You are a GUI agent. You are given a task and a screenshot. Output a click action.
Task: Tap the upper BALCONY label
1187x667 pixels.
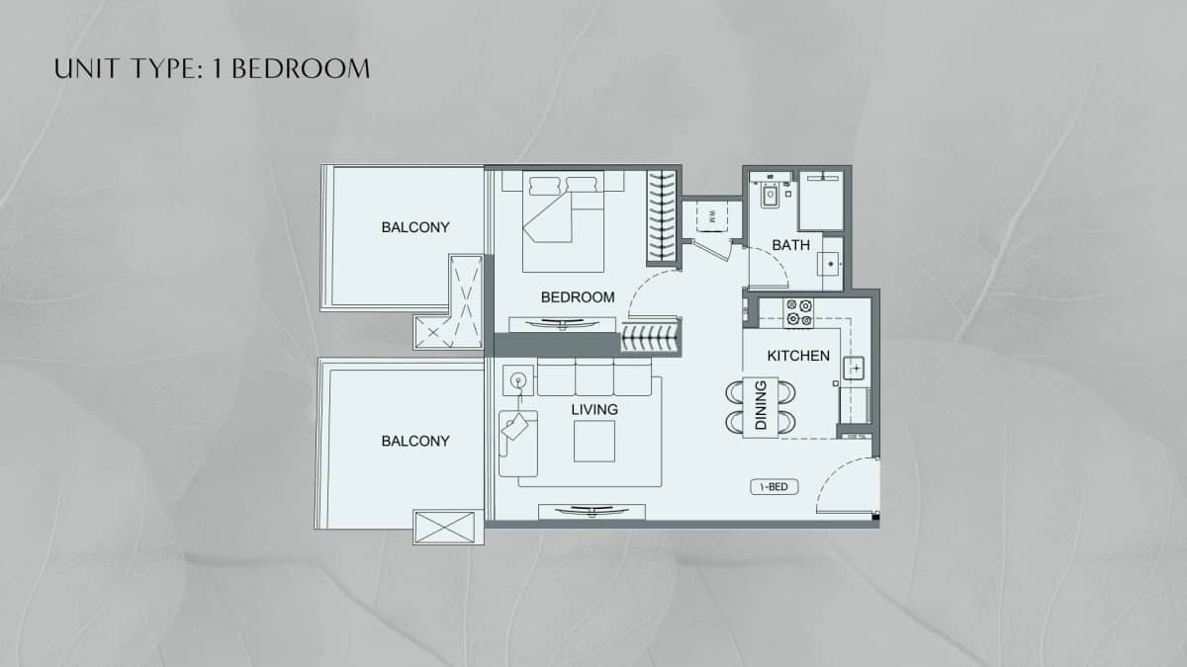[415, 227]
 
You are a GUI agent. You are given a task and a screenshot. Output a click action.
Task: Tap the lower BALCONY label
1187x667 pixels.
[415, 441]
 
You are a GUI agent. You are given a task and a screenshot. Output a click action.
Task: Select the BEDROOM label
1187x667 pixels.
[578, 296]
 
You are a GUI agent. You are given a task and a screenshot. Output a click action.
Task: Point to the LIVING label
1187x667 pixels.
[594, 409]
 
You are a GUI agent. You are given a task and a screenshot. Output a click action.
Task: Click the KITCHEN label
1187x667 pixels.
[798, 356]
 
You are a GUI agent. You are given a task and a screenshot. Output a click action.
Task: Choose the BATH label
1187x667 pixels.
[791, 245]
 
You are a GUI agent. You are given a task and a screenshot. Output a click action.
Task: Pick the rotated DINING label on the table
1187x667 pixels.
[761, 406]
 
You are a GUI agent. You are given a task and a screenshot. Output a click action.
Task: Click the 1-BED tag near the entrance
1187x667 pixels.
[774, 486]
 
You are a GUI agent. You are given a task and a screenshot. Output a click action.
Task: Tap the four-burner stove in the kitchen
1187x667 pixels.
[799, 313]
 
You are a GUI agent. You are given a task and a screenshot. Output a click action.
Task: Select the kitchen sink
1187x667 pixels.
[854, 369]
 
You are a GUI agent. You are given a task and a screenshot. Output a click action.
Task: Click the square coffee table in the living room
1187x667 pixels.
[593, 441]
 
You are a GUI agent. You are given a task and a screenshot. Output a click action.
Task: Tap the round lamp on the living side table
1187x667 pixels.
[517, 378]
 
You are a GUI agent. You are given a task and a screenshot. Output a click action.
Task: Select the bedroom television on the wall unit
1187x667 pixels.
[558, 323]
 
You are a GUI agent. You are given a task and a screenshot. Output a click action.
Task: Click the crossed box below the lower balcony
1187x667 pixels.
[448, 526]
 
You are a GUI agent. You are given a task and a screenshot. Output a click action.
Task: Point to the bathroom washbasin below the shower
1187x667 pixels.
[831, 264]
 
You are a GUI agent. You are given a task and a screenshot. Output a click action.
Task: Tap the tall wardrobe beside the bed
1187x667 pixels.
[662, 217]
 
